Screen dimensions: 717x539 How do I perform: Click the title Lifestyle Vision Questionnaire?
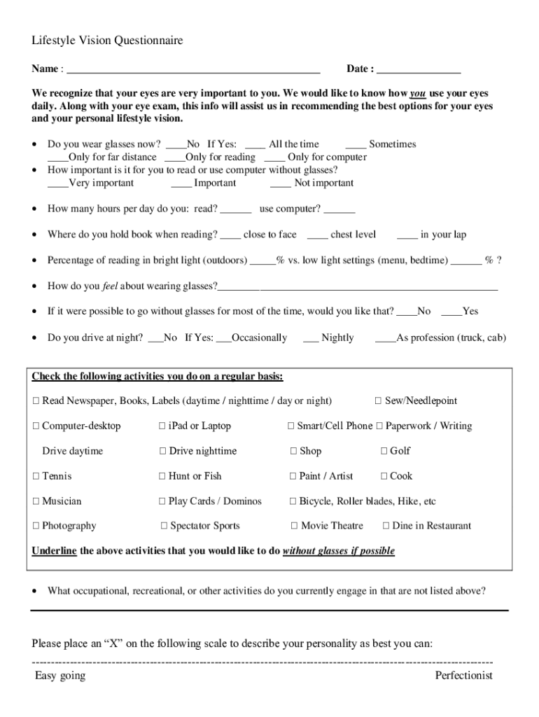coord(107,41)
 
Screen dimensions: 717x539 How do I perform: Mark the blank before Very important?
coord(57,184)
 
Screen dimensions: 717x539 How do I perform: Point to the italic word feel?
coord(109,286)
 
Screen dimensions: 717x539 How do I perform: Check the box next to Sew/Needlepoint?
coord(378,401)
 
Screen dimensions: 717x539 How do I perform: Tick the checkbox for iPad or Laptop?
coord(162,426)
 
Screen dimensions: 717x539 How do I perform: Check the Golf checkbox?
coord(384,452)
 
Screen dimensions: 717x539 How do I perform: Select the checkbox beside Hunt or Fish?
coord(162,477)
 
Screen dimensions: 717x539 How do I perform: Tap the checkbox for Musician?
coord(36,502)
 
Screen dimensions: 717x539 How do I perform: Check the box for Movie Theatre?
coord(294,527)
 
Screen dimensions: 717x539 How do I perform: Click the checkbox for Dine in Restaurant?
coord(386,527)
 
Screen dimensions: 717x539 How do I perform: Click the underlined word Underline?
coord(54,551)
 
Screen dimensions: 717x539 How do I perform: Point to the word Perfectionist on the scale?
coord(463,676)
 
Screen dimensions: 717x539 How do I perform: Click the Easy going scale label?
coord(60,676)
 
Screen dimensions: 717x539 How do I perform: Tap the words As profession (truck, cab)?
coord(451,338)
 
